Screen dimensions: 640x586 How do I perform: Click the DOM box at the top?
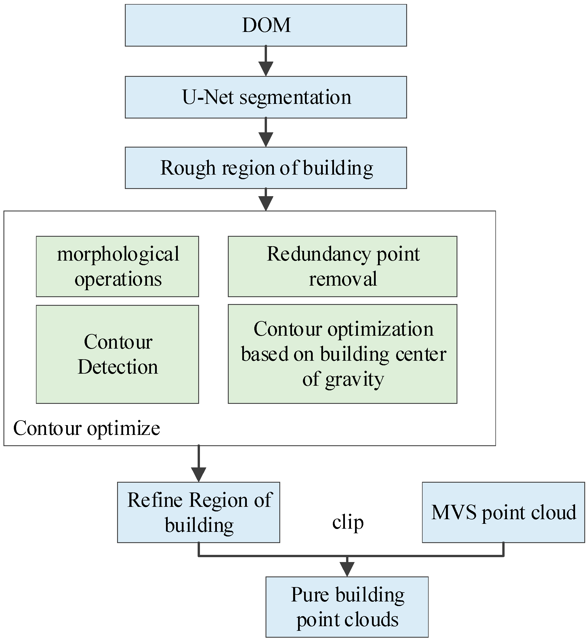click(x=266, y=25)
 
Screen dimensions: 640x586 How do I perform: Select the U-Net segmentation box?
click(x=266, y=97)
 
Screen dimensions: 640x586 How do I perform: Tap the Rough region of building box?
click(x=266, y=168)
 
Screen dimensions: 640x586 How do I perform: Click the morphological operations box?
click(x=117, y=266)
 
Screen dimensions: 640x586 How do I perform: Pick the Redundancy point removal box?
click(x=342, y=266)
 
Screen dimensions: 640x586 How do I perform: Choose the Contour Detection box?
click(x=117, y=354)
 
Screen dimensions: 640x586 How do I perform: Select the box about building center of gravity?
click(x=342, y=354)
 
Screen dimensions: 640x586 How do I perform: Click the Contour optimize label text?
click(x=86, y=428)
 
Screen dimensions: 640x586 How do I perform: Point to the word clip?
click(x=348, y=522)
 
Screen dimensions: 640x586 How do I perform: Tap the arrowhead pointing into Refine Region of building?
click(x=199, y=475)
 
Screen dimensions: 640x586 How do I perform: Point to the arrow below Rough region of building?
click(x=266, y=200)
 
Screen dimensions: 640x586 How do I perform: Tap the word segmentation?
click(x=295, y=97)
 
